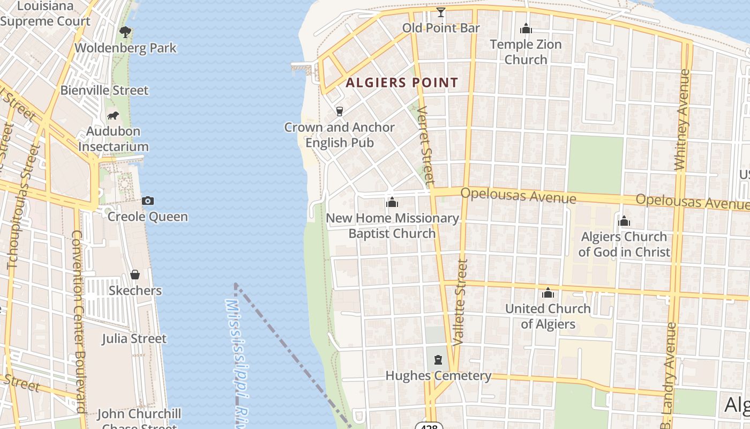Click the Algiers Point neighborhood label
[402, 83]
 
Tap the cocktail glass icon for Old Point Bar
[441, 12]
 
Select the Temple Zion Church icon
[526, 28]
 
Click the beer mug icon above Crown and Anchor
[339, 111]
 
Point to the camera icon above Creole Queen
[148, 201]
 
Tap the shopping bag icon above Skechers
[135, 275]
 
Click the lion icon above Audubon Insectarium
[113, 115]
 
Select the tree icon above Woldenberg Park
[125, 32]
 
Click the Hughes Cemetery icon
[438, 360]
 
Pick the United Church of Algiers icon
[547, 293]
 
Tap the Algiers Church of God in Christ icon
[624, 221]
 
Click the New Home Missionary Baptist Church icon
[392, 202]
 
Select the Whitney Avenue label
[682, 134]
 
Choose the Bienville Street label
[104, 90]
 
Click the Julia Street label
[134, 338]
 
